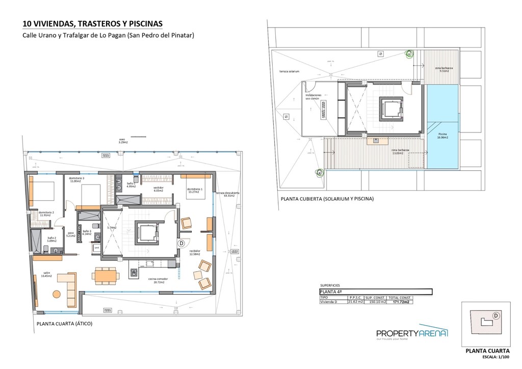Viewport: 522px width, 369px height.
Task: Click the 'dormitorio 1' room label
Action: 195,190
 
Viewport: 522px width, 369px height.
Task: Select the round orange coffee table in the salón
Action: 56,294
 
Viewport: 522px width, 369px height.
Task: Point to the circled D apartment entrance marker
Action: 180,244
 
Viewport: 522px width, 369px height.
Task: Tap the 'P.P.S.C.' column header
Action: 355,297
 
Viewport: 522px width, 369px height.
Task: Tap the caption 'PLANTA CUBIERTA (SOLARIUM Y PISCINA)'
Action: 327,199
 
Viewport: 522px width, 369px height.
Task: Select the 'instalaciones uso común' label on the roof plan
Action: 313,96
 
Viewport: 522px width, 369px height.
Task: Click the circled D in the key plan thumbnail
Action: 495,315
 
